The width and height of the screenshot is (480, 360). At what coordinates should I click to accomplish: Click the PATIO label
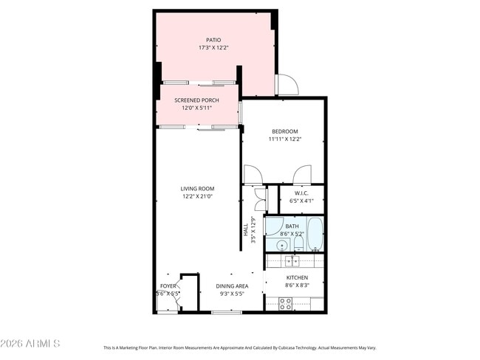pos(213,40)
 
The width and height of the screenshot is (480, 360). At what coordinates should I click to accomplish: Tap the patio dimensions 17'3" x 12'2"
pos(213,48)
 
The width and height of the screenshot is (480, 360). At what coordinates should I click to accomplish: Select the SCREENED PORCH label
pos(197,100)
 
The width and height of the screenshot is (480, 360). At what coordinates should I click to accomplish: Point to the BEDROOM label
pos(284,131)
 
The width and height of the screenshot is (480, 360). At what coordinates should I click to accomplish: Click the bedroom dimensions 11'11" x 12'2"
pos(284,139)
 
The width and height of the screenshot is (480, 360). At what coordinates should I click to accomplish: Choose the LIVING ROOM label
pos(197,189)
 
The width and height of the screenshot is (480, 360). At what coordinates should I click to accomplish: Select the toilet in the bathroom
pos(298,243)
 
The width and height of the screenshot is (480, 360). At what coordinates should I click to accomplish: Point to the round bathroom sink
pos(281,244)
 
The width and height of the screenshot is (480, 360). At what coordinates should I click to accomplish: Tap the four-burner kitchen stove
pos(285,302)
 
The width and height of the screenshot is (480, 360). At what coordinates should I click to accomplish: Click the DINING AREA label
pos(232,286)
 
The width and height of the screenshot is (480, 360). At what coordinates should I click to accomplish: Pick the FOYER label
pos(168,286)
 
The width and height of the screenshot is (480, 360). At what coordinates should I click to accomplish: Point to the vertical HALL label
pos(246,230)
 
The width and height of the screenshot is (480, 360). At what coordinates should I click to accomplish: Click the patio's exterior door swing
pos(287,85)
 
